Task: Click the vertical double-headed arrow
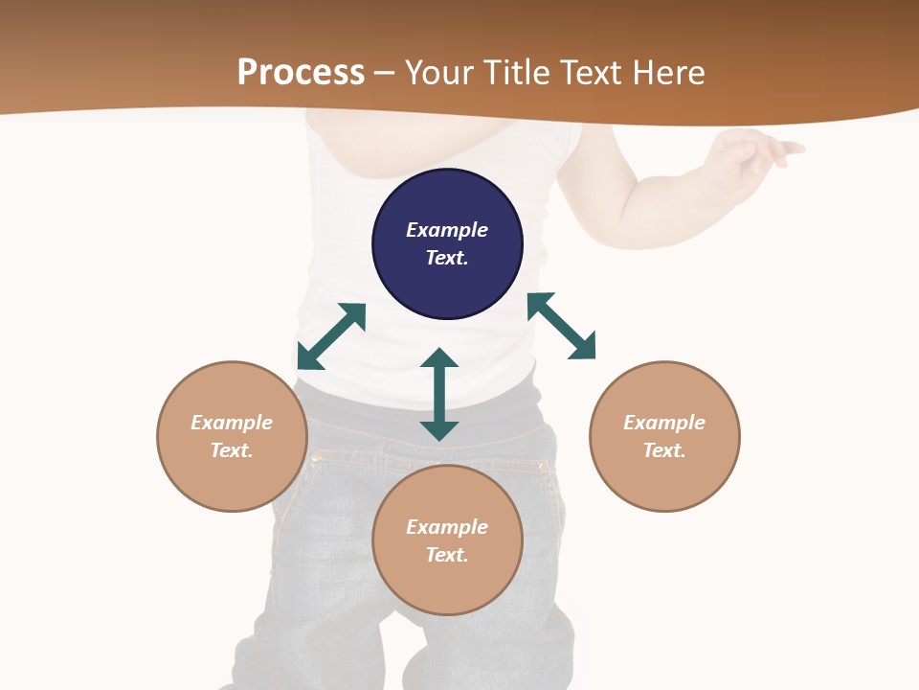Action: (439, 394)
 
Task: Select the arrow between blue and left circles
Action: (331, 336)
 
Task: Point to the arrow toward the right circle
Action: (561, 326)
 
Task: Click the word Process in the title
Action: (301, 72)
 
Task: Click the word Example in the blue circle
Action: (447, 230)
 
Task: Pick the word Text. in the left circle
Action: (232, 450)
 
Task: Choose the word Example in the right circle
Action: (664, 423)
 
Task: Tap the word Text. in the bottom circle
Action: (447, 555)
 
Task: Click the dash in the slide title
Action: (385, 73)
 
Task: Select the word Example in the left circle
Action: (232, 423)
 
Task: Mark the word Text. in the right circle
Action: (664, 450)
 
